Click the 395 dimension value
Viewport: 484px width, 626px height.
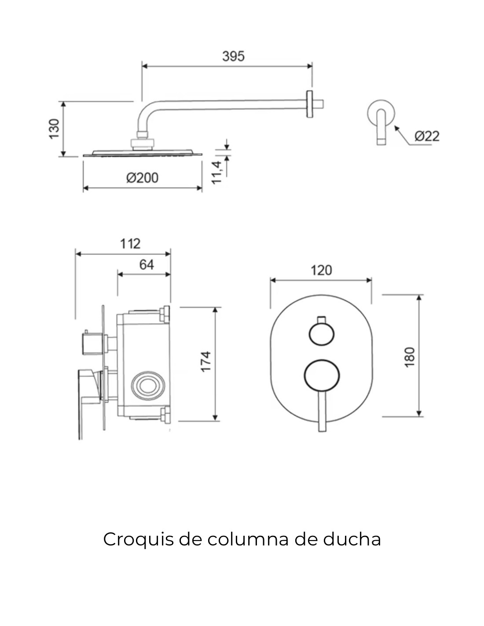(x=233, y=56)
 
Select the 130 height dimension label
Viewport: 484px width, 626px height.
(x=54, y=129)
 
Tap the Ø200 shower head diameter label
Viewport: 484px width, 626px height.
(x=142, y=178)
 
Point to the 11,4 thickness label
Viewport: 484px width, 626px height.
(x=216, y=173)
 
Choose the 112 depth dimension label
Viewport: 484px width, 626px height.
(x=130, y=243)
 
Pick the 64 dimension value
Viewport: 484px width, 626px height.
(x=147, y=265)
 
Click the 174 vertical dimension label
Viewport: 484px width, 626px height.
(x=206, y=361)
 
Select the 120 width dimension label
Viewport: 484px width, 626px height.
(x=321, y=270)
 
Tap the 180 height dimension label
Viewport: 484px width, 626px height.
(x=410, y=357)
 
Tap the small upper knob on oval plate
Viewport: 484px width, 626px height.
(x=321, y=334)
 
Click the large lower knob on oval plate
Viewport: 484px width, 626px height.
(x=322, y=375)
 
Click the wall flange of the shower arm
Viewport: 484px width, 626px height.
(x=310, y=104)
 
